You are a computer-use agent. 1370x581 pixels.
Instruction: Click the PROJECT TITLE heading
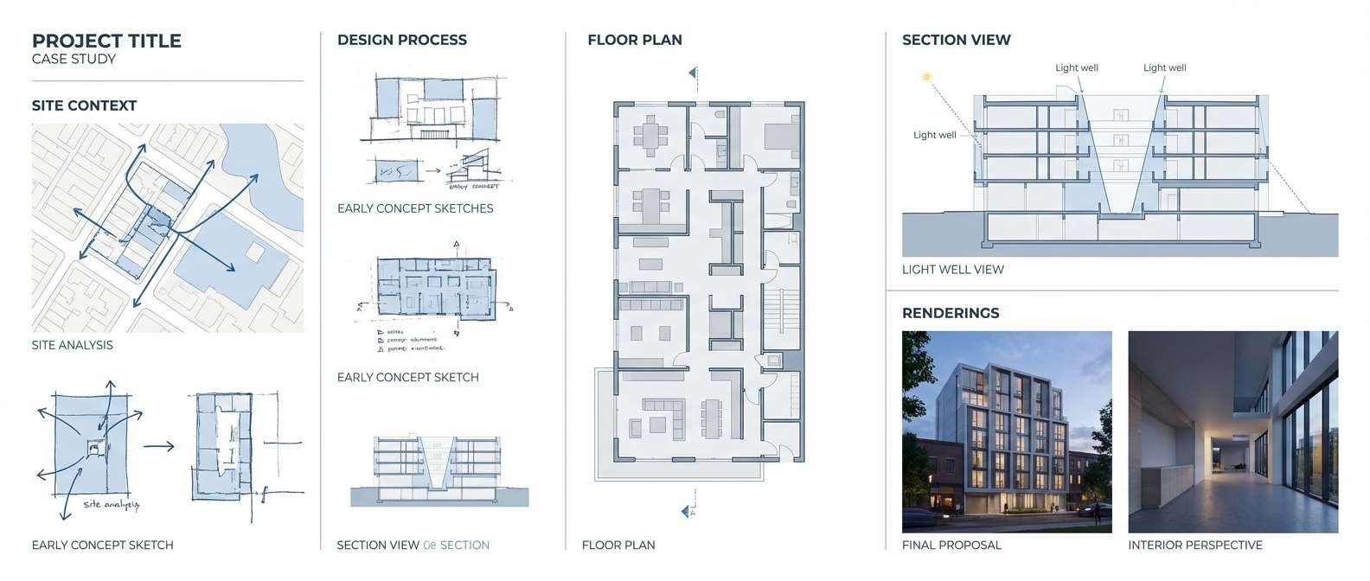(x=106, y=41)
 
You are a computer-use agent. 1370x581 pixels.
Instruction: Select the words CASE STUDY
(x=74, y=60)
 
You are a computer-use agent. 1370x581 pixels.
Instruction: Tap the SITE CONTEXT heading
(x=84, y=105)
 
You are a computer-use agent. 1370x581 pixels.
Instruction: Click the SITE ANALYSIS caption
(x=72, y=345)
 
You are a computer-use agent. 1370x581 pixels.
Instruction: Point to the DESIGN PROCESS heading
(x=401, y=40)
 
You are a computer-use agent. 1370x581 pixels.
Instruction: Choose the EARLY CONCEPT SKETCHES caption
(x=415, y=208)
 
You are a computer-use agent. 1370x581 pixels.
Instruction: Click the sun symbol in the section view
(x=926, y=77)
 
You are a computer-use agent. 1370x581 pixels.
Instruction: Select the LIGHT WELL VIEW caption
(x=952, y=270)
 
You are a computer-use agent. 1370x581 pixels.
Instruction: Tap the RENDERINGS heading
(x=950, y=313)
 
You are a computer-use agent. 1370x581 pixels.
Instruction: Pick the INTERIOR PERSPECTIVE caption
(x=1194, y=546)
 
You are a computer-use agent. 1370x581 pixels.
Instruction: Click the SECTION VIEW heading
(x=956, y=40)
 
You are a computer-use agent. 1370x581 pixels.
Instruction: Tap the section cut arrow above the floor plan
(x=693, y=73)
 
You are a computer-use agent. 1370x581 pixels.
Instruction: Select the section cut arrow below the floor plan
(x=688, y=512)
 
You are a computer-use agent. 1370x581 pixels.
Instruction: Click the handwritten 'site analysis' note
(x=111, y=504)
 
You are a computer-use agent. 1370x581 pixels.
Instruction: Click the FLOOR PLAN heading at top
(x=634, y=40)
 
